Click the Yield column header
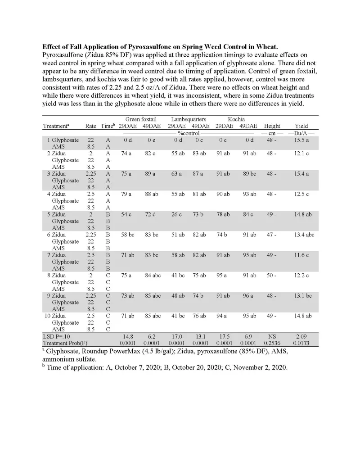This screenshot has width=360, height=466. pos(301,126)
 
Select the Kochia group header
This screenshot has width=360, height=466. pos(236,119)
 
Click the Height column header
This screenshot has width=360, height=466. pos(272,126)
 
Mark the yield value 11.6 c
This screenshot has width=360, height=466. pos(301,255)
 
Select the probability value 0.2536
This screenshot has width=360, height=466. pos(272,343)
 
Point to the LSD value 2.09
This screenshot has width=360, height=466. pos(301,336)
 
